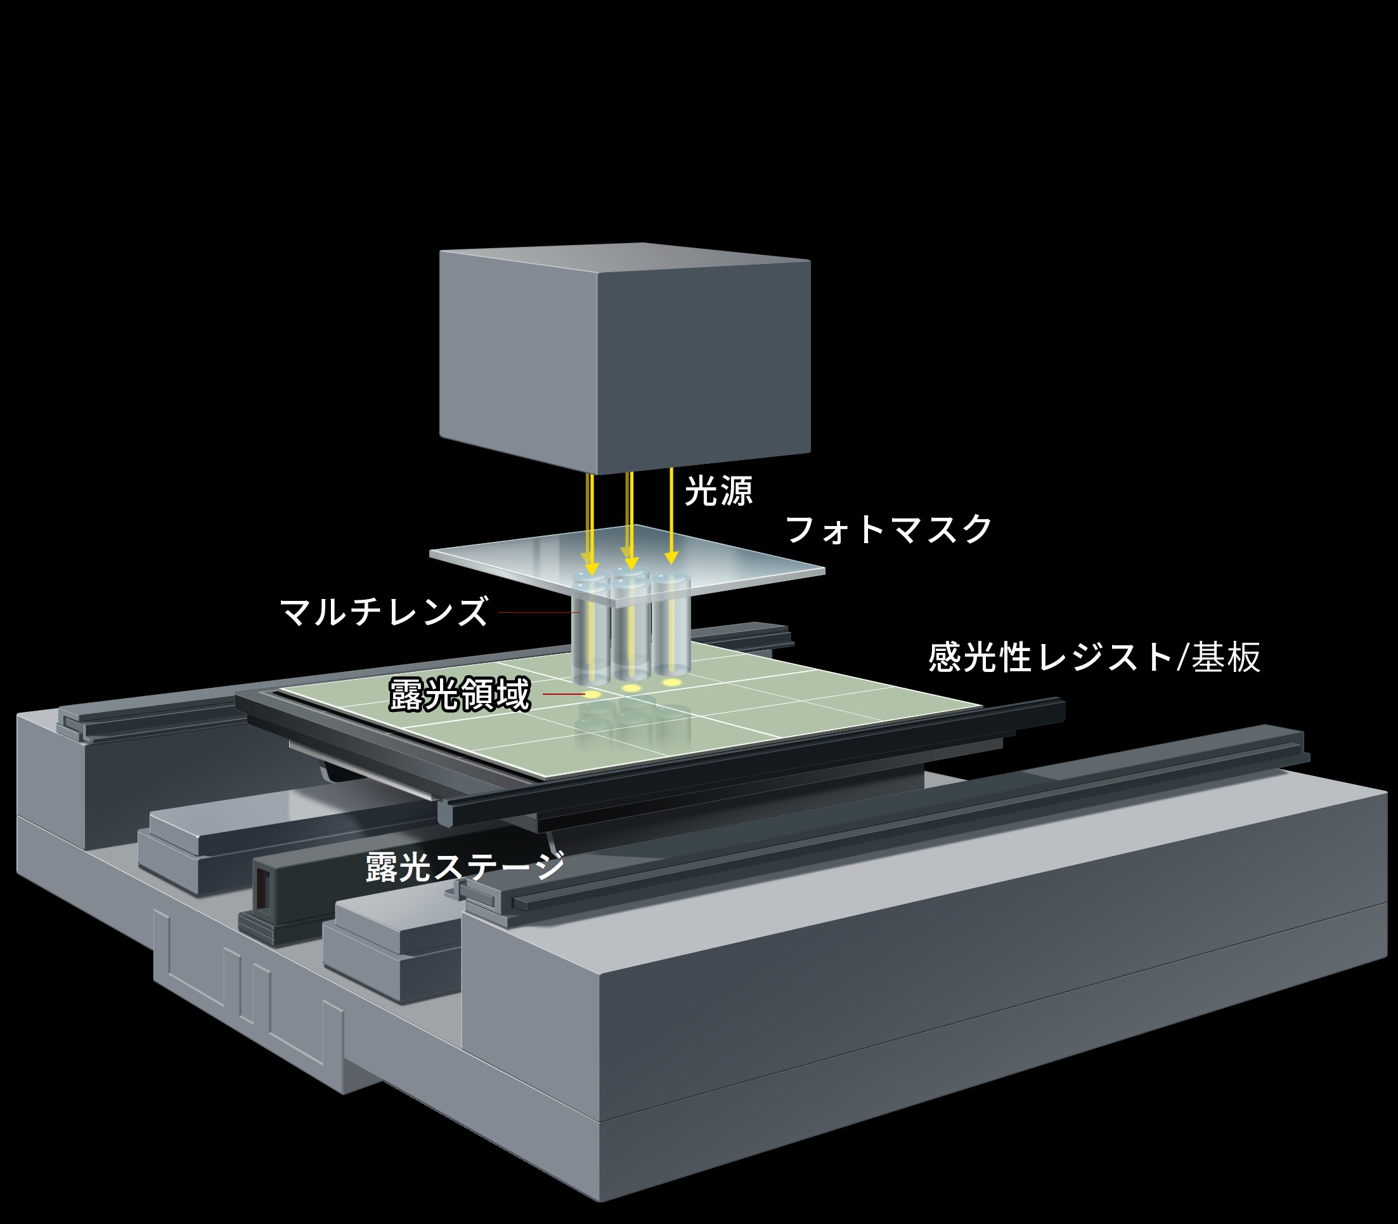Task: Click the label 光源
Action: pos(718,490)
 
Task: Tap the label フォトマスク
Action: pos(889,529)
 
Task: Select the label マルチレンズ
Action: pos(384,611)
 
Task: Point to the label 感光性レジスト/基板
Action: pos(1094,657)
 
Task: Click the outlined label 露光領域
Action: pos(460,695)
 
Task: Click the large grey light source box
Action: pos(624,355)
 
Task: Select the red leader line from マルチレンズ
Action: pos(540,612)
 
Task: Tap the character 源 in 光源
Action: pos(736,490)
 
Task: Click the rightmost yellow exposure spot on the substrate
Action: pos(673,681)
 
